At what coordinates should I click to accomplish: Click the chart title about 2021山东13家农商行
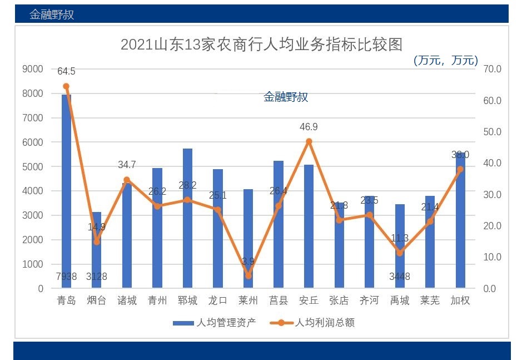(261, 44)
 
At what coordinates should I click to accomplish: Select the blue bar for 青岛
(66, 189)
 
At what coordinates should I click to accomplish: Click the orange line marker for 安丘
(309, 141)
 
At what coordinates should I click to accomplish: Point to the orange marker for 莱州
(248, 276)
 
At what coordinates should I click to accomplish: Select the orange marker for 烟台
(97, 242)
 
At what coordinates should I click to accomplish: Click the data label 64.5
(66, 71)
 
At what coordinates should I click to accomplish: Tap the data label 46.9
(309, 127)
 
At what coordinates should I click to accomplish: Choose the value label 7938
(66, 277)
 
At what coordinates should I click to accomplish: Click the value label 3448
(399, 277)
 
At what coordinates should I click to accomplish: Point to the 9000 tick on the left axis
(32, 69)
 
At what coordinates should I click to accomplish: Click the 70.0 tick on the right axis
(492, 69)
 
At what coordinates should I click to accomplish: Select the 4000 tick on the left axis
(32, 191)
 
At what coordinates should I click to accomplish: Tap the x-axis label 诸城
(127, 301)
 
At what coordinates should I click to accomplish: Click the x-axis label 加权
(460, 301)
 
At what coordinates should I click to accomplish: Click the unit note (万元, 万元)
(445, 60)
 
